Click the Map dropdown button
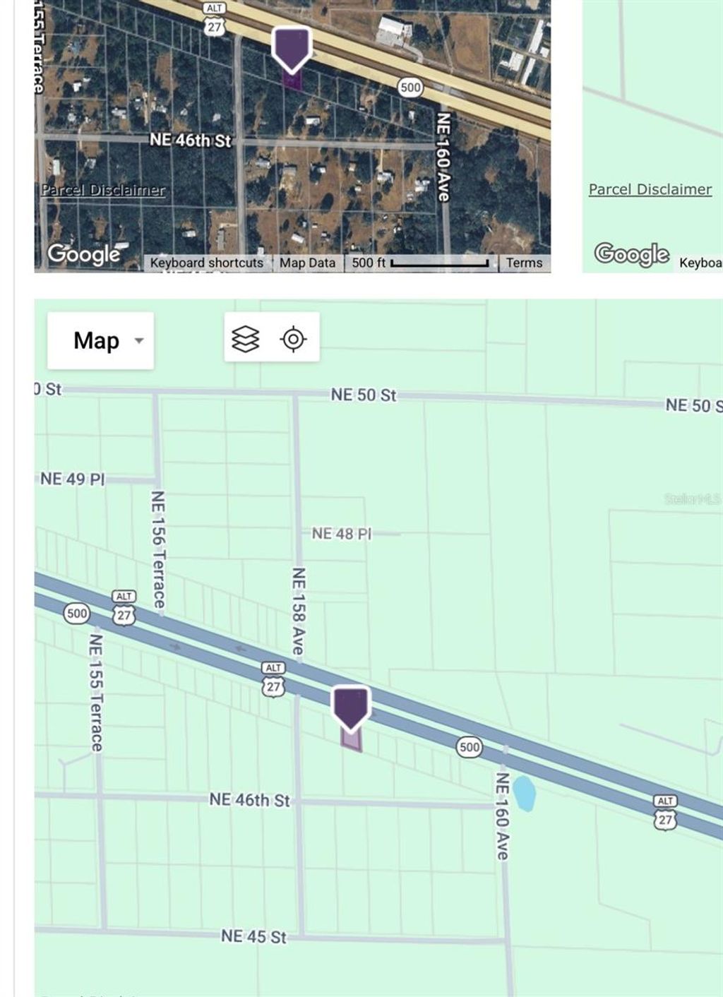[100, 340]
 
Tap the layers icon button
[246, 339]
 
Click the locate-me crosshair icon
[293, 339]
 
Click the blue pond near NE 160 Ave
[524, 793]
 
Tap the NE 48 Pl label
[342, 534]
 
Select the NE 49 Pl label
[72, 479]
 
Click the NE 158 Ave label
[299, 611]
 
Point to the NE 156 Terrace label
[158, 549]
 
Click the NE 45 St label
[253, 936]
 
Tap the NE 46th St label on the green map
[249, 800]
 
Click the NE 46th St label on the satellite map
[191, 141]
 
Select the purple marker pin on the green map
[351, 707]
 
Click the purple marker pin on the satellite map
[292, 48]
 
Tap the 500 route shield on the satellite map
[410, 88]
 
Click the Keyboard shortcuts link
[206, 263]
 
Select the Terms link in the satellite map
[524, 263]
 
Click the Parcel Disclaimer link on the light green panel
[650, 189]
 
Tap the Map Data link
[307, 263]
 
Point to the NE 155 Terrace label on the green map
[96, 693]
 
